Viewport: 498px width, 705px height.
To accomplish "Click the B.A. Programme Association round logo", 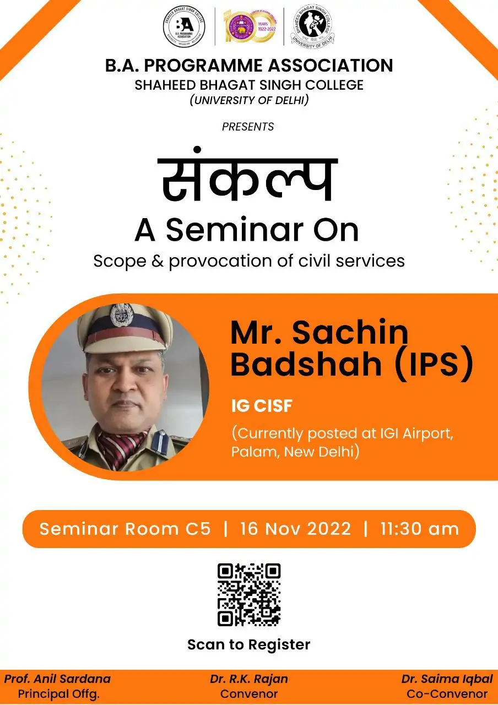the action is tap(184, 26).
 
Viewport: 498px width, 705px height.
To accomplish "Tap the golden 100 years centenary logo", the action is tap(250, 26).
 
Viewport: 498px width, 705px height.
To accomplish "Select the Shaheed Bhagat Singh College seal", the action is tap(312, 26).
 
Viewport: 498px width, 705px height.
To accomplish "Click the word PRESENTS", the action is tap(248, 127).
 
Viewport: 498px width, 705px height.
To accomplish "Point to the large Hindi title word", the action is tap(247, 175).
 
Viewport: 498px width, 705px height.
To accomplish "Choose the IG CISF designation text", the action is tap(262, 406).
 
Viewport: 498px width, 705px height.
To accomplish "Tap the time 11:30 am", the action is tap(420, 529).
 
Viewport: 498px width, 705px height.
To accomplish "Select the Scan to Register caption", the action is tap(249, 644).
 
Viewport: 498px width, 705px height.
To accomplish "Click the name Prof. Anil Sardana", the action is tap(57, 679).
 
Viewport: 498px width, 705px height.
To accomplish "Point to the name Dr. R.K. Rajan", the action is tap(249, 679).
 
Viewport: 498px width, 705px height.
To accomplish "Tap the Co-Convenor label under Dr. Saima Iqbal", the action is tap(447, 693).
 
